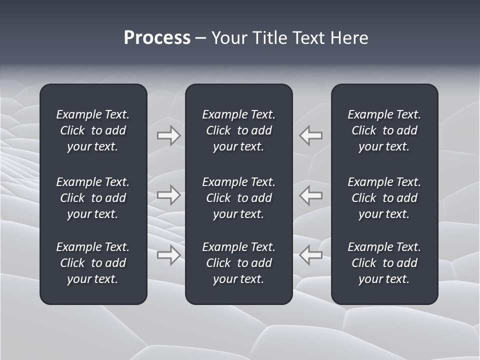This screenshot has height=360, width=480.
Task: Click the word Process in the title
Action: click(x=157, y=38)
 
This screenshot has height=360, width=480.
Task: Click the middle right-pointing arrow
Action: click(x=168, y=194)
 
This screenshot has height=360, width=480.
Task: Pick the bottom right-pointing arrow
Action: click(x=168, y=255)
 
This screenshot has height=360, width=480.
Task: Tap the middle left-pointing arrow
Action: click(x=311, y=194)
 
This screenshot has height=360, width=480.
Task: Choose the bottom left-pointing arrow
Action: click(x=311, y=255)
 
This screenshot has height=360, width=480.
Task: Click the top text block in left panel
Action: click(x=93, y=130)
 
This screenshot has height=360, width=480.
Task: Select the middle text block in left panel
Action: click(x=93, y=198)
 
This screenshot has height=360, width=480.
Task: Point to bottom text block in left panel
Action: click(x=93, y=263)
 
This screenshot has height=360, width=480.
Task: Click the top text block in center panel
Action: click(x=238, y=130)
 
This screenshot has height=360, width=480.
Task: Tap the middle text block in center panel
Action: click(x=238, y=198)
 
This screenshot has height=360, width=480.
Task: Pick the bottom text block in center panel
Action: click(x=238, y=263)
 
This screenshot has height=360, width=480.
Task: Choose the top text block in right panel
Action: click(x=384, y=130)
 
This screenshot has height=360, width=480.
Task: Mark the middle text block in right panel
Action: click(x=384, y=198)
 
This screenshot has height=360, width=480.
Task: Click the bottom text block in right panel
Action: click(x=384, y=263)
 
